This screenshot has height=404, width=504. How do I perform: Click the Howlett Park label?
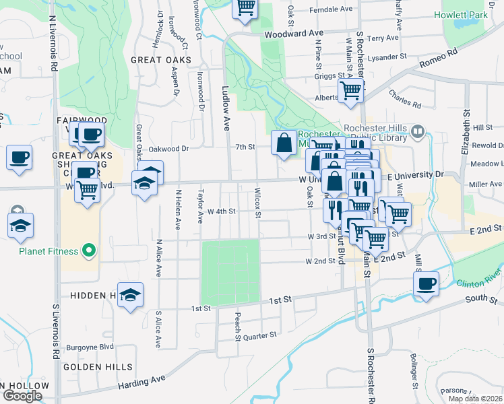462,15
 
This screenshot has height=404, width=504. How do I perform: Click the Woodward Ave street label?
294,32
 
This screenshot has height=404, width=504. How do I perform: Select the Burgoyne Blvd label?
90,347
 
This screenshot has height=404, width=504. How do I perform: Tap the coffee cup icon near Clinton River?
425,283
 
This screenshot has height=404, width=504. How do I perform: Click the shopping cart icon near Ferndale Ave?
245,7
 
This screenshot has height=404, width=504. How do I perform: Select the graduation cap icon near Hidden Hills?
130,295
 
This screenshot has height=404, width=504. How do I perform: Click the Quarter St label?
260,335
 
